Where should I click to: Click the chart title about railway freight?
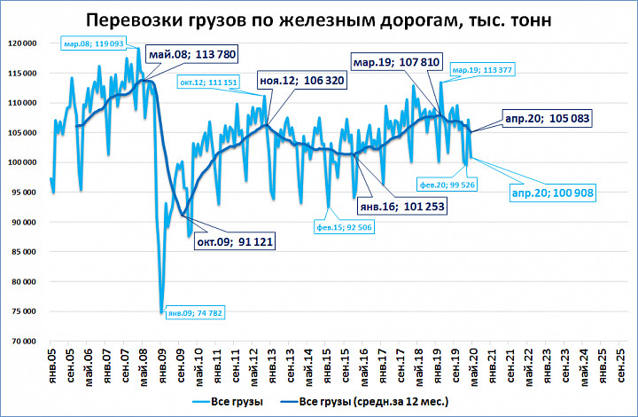click(319, 20)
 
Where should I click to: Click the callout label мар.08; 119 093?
click(94, 43)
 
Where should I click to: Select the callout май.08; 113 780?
click(192, 54)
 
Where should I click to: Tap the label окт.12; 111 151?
click(208, 83)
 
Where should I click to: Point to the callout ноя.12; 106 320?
click(302, 80)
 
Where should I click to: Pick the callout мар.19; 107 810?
click(396, 62)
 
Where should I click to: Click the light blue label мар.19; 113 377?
click(482, 70)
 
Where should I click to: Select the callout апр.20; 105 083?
click(547, 119)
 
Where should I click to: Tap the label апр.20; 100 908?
click(553, 193)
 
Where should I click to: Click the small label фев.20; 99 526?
click(447, 185)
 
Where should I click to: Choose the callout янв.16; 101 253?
click(402, 207)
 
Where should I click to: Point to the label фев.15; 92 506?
click(344, 227)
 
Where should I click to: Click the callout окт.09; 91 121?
click(235, 242)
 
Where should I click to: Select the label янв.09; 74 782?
click(195, 313)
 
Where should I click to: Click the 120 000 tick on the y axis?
click(22, 43)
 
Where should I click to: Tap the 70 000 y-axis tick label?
click(24, 342)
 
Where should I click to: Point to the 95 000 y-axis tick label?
click(24, 193)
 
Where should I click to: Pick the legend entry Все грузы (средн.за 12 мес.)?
click(364, 402)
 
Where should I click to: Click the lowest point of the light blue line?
click(162, 312)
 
